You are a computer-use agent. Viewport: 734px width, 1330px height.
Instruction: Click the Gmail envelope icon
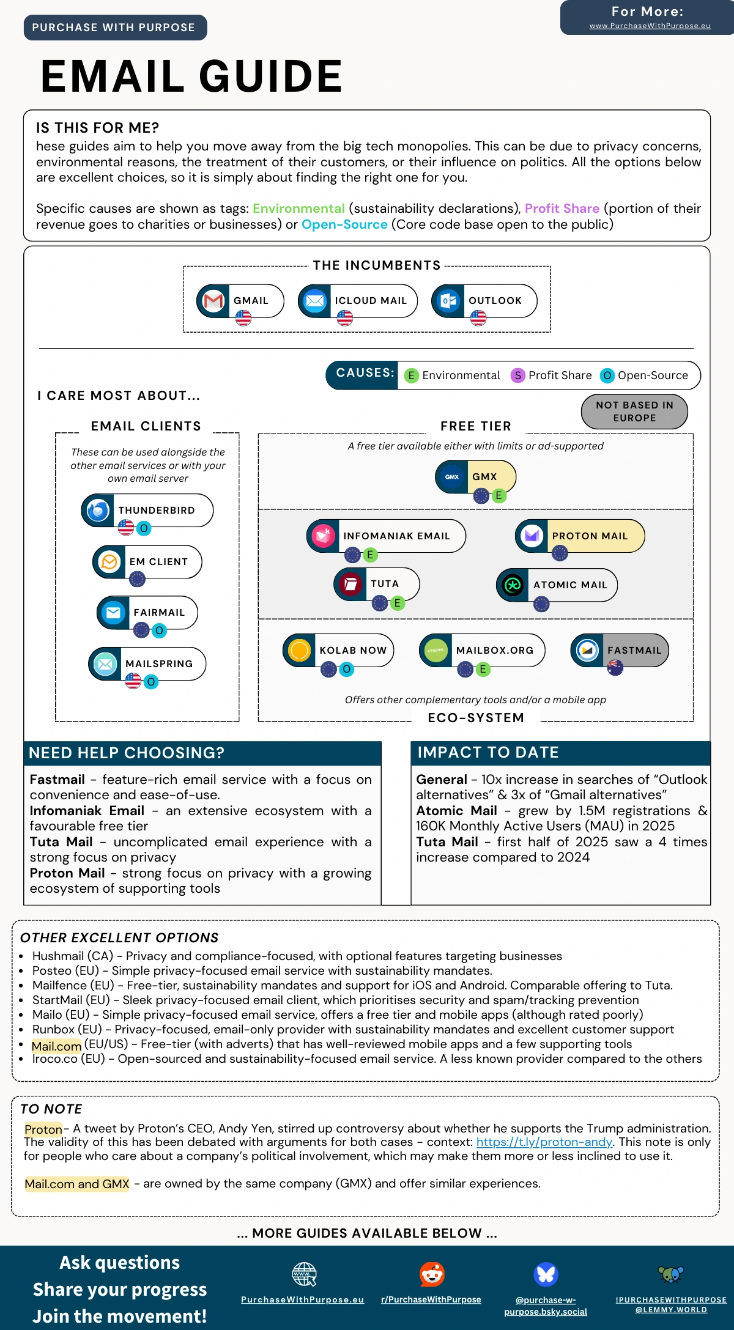coord(213,301)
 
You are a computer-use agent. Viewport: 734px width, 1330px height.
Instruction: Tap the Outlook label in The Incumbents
coord(495,301)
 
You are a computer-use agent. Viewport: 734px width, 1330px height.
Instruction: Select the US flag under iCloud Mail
coord(345,318)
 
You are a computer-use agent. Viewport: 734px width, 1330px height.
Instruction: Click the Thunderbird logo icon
coord(98,510)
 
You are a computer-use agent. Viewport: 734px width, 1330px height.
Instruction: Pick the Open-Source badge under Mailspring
coord(151,681)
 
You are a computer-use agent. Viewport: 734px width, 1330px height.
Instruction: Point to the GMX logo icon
coord(452,477)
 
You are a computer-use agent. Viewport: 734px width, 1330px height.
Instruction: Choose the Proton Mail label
coord(590,536)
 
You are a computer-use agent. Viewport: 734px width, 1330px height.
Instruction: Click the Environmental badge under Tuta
coord(397,603)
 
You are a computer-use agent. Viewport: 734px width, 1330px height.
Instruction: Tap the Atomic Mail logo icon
coord(513,585)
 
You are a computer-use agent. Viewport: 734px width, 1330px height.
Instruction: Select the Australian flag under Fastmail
coord(615,667)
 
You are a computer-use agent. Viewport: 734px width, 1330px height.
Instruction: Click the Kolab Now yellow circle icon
coord(300,650)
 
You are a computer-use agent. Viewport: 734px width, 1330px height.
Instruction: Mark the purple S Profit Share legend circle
coord(518,375)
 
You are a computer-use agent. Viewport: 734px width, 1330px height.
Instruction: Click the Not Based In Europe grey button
coord(634,412)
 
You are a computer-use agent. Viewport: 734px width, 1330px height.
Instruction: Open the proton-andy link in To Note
coord(544,1142)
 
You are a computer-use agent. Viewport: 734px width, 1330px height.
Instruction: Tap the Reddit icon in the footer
coord(432,1274)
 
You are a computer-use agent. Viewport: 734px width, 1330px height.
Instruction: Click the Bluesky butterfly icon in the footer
coord(546,1274)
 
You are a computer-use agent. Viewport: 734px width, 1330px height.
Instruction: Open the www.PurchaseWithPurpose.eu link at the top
coord(650,26)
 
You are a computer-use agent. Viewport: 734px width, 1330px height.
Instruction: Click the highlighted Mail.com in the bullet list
coord(56,1046)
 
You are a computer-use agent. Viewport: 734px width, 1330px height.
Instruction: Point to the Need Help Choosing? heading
coord(127,753)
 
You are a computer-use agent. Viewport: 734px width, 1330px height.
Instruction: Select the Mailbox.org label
coord(495,651)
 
